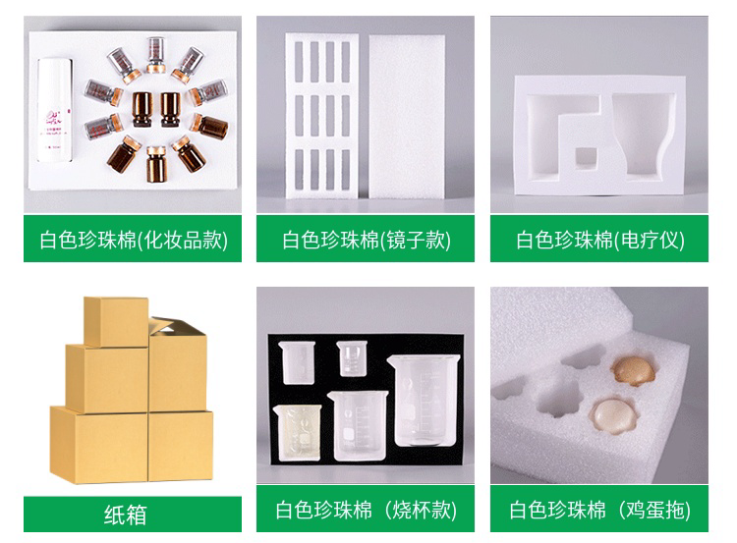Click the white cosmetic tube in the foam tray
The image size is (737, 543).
click(55, 110)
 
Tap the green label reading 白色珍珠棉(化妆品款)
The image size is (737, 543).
click(133, 239)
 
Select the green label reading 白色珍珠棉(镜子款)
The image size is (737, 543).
click(366, 239)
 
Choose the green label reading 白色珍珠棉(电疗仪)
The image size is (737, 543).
click(599, 239)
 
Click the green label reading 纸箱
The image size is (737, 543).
click(133, 515)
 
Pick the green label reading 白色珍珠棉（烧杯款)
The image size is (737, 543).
click(366, 510)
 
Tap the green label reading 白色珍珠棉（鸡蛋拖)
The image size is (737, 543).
click(599, 510)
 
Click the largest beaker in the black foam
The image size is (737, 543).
click(423, 401)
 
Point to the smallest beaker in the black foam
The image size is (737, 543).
click(352, 358)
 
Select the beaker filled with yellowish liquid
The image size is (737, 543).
click(297, 432)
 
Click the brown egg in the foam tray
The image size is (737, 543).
click(632, 370)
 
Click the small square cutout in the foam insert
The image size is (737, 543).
click(586, 158)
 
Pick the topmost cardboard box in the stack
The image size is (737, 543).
click(116, 322)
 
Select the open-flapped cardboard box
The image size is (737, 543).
click(178, 364)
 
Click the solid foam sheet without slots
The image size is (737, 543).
click(407, 116)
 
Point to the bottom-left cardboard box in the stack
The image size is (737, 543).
click(98, 444)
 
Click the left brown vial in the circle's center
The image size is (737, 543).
click(142, 109)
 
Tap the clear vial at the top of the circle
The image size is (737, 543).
click(155, 55)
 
